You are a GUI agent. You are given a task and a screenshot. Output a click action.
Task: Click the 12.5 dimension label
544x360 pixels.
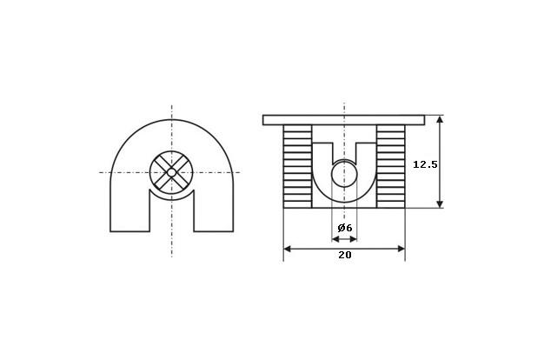point(425,164)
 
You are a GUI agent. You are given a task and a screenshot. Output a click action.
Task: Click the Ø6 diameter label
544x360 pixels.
point(345,228)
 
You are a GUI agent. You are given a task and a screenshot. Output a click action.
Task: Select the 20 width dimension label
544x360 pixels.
point(345,255)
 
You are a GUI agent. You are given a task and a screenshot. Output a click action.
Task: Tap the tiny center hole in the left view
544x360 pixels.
point(171,172)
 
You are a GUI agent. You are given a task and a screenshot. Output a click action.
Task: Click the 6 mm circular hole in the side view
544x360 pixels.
point(344,174)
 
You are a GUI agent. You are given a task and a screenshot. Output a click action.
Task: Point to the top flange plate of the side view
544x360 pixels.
point(343,120)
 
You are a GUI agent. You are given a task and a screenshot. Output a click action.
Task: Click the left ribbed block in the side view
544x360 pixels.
point(298,167)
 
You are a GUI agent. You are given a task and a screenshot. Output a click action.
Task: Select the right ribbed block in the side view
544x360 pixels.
point(391,167)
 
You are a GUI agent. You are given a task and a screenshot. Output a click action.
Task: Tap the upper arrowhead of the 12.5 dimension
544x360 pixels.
point(440,119)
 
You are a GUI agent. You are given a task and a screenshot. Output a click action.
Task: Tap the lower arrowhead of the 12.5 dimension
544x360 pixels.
point(440,203)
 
